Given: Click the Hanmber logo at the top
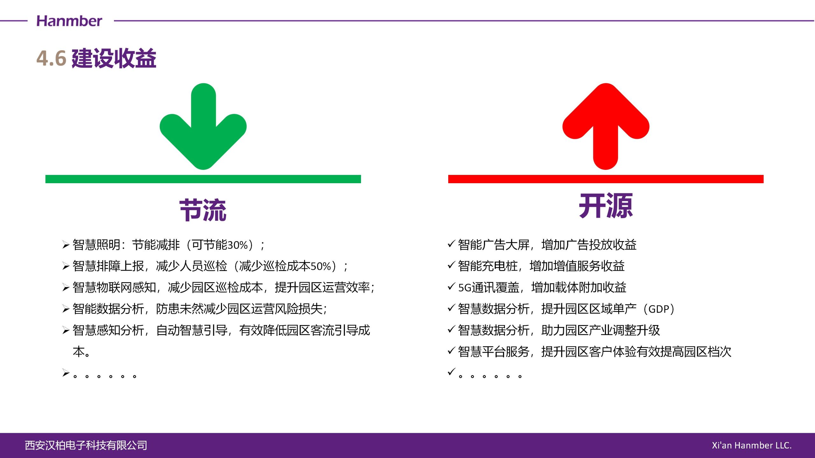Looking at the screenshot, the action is click(x=69, y=21).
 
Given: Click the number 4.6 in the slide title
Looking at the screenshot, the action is click(x=51, y=58).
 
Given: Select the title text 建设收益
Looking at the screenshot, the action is click(x=114, y=58).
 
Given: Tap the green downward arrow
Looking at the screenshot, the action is click(x=203, y=126).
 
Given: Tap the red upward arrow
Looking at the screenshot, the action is click(x=606, y=126).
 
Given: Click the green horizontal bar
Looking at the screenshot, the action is click(x=203, y=179).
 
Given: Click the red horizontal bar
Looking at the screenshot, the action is click(x=606, y=179).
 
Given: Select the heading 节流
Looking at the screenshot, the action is click(x=203, y=210).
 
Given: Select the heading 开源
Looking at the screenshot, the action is click(x=606, y=206).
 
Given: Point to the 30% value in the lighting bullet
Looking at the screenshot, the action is click(x=238, y=245).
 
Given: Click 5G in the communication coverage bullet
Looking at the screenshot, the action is click(x=464, y=288).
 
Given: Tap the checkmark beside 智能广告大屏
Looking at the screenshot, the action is click(x=451, y=244).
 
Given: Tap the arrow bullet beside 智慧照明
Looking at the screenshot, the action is click(x=66, y=245).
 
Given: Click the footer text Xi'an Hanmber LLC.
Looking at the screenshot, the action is click(x=752, y=445).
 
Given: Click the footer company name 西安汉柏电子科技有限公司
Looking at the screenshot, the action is click(x=86, y=445).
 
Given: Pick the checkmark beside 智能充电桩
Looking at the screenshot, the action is click(x=451, y=265).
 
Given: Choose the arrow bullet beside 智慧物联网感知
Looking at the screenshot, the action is click(x=66, y=288).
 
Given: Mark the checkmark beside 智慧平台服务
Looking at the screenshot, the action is click(x=451, y=350).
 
